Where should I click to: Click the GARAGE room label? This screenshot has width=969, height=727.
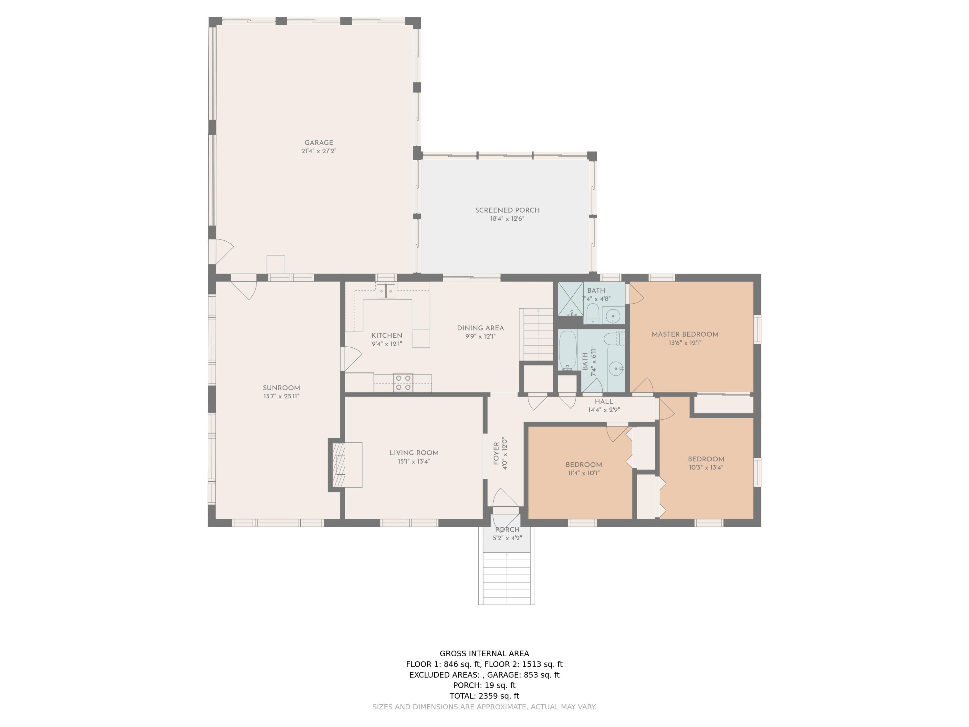coord(318,142)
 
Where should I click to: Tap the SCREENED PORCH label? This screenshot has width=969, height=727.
coord(507,210)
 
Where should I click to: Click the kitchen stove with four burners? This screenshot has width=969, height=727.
coord(403,382)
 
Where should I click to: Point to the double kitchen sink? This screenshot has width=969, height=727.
coord(386,291)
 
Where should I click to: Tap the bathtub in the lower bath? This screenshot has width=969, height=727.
coord(568,350)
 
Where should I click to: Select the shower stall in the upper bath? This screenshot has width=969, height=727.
coord(571,299)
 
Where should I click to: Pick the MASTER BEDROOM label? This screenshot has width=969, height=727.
coord(685,334)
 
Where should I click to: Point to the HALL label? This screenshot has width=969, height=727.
coord(604,401)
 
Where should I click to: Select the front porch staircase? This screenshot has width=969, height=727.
coord(506,578)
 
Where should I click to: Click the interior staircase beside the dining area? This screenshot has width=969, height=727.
coord(538,334)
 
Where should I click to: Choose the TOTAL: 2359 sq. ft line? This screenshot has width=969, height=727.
coord(484,695)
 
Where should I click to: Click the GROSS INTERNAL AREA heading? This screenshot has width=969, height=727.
coord(484,653)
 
